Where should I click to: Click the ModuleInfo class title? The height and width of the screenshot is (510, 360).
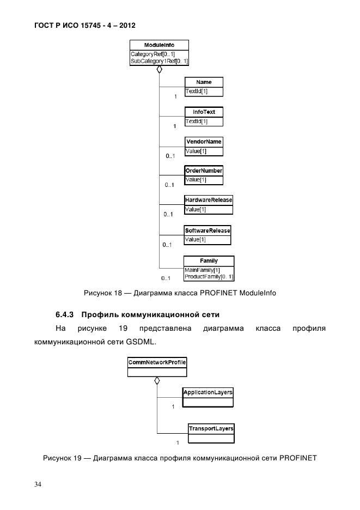point(159,45)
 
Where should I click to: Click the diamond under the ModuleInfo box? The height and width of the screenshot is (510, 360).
point(159,70)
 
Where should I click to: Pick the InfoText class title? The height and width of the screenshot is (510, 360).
point(204,112)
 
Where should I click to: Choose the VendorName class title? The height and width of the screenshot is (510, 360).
point(204,142)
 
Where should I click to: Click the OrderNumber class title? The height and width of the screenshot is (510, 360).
point(204,171)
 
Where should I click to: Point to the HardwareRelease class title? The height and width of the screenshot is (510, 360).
point(209,200)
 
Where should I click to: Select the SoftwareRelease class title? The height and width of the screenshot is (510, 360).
point(208,230)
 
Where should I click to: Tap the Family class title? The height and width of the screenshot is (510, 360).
point(209,261)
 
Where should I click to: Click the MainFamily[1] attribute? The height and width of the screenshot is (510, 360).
point(202,270)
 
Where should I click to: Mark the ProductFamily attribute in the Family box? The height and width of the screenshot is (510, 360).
point(209,277)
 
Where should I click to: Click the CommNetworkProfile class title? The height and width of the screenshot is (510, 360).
point(157,362)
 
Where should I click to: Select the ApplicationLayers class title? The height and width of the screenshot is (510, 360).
point(208,392)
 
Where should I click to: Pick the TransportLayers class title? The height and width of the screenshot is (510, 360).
point(211,429)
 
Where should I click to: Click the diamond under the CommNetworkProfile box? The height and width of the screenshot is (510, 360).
point(157,381)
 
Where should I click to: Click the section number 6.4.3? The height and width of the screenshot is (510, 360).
point(68,314)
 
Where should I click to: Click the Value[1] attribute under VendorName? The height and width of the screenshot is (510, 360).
point(197,151)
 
